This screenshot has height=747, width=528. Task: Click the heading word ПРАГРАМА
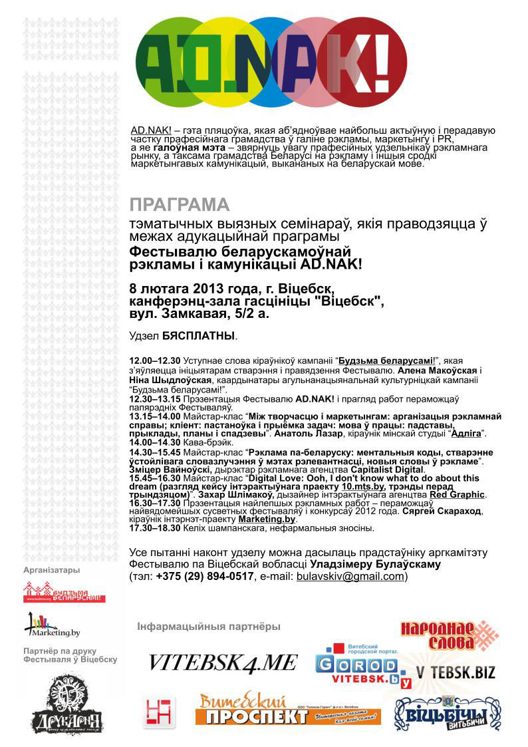coord(180,204)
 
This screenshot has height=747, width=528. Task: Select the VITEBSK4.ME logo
coord(222,663)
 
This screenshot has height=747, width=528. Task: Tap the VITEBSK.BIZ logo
coord(456,672)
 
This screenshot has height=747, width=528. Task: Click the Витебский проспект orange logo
coord(287,711)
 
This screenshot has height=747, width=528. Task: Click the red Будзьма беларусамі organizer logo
coord(64,591)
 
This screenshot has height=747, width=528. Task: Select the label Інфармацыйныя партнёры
coord(209,627)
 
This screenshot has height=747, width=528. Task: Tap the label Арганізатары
coord(51,570)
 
